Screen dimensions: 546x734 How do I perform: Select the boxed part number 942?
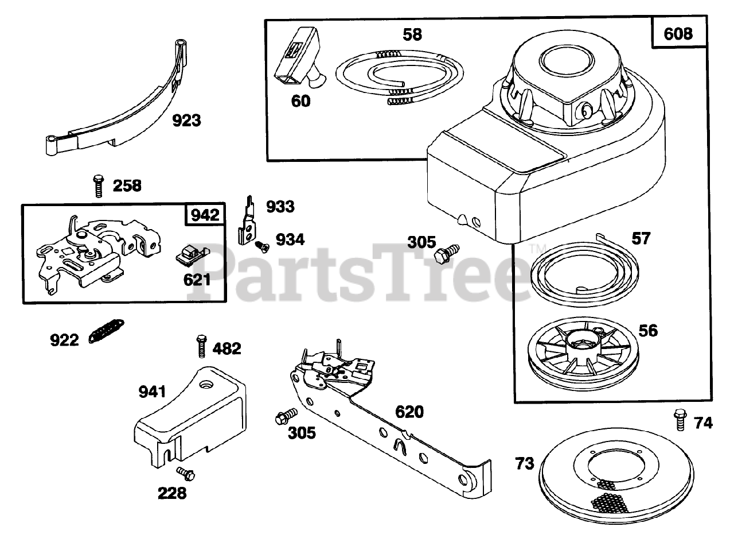205,215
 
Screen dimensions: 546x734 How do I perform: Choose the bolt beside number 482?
201,346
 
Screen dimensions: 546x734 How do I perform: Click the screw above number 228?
186,473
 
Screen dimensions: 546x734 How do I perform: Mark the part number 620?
409,412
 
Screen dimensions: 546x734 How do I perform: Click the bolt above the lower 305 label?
286,416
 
